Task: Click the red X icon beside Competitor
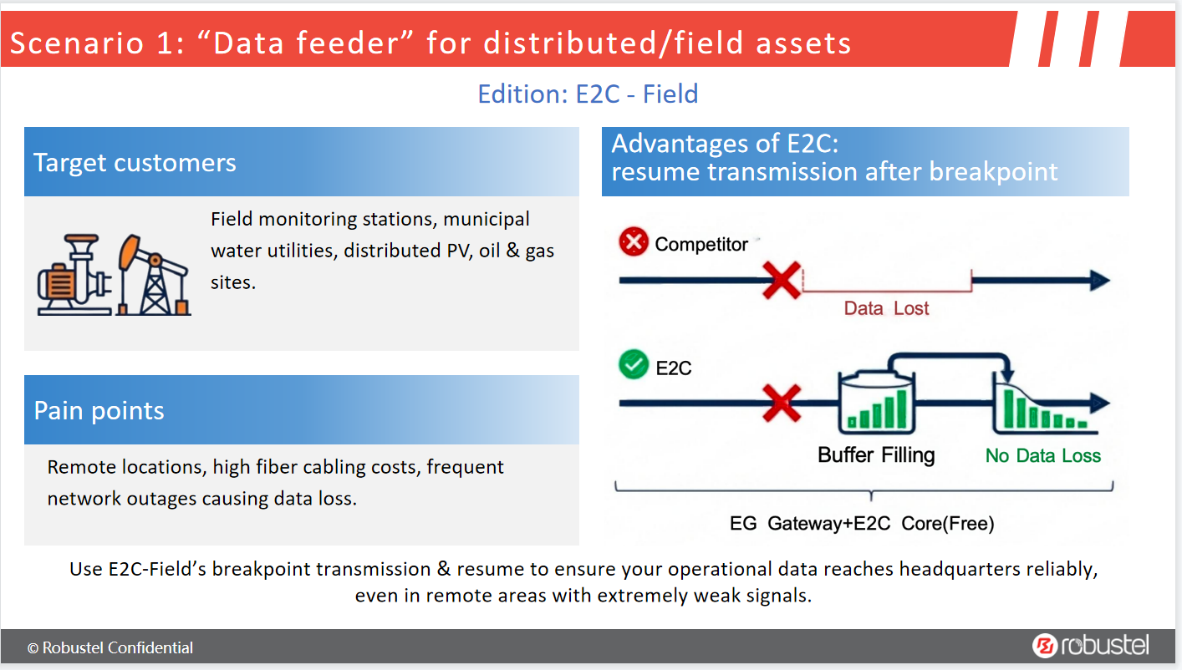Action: point(634,241)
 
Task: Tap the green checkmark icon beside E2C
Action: point(634,364)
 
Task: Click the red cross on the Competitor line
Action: point(782,281)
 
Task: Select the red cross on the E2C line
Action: point(782,404)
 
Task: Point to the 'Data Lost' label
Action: point(886,308)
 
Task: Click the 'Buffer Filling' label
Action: point(876,454)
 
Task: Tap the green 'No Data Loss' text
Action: point(1042,455)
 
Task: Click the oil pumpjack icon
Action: point(154,275)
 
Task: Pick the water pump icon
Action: point(74,275)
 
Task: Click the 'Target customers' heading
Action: point(135,163)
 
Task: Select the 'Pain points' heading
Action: point(99,410)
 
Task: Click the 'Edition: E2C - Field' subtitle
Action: point(588,94)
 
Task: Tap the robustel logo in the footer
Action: point(1090,645)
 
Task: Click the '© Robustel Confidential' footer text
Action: point(110,647)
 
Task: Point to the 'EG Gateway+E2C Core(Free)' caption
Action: point(862,523)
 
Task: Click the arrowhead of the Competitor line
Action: point(1100,280)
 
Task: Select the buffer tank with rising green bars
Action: point(877,403)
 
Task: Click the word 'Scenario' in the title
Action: point(77,43)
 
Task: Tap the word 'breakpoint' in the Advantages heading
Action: point(993,172)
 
